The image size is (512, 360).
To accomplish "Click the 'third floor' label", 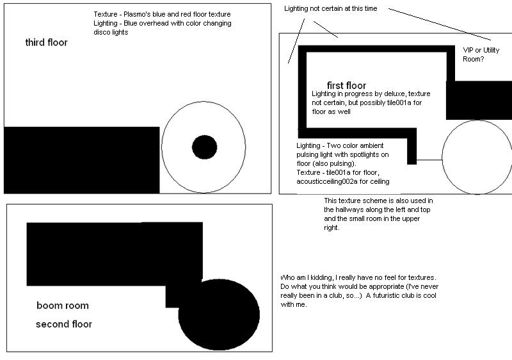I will click(x=46, y=43).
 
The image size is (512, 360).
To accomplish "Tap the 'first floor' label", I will click(x=346, y=86).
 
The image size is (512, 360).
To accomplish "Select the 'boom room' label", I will click(x=63, y=306).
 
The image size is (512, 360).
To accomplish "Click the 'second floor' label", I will click(x=64, y=324).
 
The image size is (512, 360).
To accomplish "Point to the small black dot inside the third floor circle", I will click(x=205, y=147).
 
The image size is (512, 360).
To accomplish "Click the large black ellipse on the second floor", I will click(x=219, y=315).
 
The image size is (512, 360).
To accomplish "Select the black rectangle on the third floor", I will click(x=81, y=160).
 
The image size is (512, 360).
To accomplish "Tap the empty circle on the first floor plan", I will click(x=477, y=158).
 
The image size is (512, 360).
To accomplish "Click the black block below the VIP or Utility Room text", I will click(x=478, y=101).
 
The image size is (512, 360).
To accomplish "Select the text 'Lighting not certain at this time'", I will click(x=330, y=9).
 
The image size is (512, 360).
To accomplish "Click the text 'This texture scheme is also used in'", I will click(x=378, y=200).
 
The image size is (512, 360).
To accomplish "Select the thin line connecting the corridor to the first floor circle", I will click(x=429, y=160).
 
